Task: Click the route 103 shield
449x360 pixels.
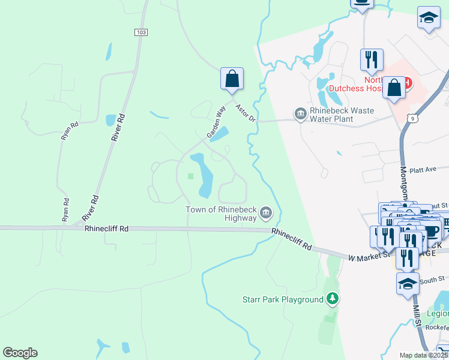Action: click(141, 32)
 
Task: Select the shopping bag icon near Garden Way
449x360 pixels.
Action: click(232, 79)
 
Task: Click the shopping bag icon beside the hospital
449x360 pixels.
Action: click(394, 88)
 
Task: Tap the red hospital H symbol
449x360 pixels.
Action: click(408, 82)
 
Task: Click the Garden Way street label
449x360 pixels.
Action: click(215, 123)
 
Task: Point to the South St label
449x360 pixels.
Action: click(432, 279)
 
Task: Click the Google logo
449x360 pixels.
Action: click(20, 352)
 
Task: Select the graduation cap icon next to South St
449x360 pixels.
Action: click(408, 284)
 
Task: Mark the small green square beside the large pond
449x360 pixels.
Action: click(191, 176)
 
